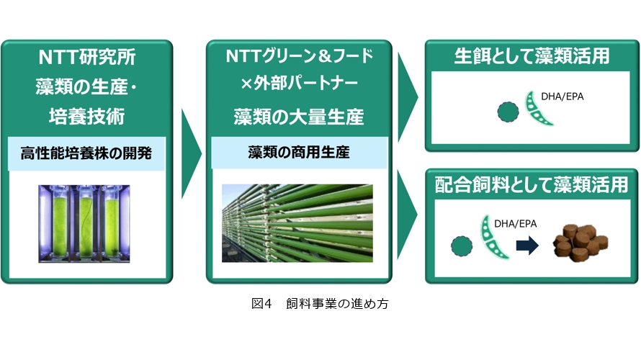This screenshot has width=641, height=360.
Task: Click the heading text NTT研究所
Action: [x=87, y=57]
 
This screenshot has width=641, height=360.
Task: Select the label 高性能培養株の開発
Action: [x=86, y=153]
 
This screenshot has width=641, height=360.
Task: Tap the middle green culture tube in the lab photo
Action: [x=86, y=223]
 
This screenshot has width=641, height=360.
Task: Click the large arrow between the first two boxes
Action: [x=191, y=153]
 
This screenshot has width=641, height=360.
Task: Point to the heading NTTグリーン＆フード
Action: [x=299, y=56]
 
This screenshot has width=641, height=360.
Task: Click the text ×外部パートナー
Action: [x=299, y=84]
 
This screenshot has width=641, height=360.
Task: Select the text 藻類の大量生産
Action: [x=299, y=117]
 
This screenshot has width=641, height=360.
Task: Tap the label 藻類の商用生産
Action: [x=299, y=153]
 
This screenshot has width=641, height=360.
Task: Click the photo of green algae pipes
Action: [x=297, y=223]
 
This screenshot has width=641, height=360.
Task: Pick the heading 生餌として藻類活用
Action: [x=532, y=56]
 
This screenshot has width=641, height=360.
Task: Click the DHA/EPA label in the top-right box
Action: [x=562, y=96]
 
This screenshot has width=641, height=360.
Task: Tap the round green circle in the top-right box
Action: [x=508, y=112]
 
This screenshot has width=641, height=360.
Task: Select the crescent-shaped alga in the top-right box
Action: [x=537, y=108]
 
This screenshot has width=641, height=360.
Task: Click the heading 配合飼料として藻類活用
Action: [x=532, y=185]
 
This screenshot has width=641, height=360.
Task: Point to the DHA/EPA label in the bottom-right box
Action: [x=516, y=223]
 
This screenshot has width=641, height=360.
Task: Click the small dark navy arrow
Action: [x=527, y=246]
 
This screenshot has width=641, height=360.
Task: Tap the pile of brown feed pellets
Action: [x=581, y=243]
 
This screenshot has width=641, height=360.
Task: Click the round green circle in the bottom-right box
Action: [x=462, y=246]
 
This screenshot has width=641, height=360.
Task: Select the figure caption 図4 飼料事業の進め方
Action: [x=320, y=304]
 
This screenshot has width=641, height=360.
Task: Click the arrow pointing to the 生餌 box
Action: [x=408, y=97]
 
